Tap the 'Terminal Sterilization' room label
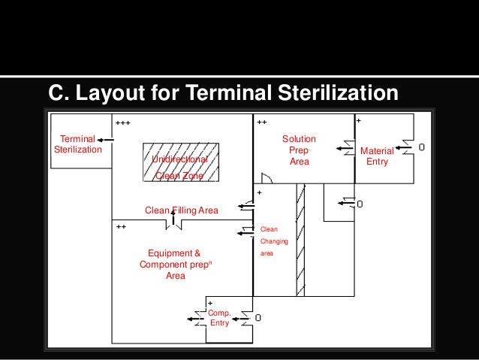[x=77, y=144]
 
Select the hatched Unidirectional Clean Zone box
[x=180, y=162]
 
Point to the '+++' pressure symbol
[x=122, y=122]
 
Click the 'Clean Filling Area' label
[x=181, y=210]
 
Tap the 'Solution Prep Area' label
[x=299, y=150]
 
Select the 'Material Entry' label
[x=376, y=156]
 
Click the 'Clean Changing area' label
[x=270, y=241]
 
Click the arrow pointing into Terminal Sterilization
[x=105, y=139]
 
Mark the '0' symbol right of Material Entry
[x=422, y=147]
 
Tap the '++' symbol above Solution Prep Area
[x=262, y=122]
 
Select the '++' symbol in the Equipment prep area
[x=121, y=225]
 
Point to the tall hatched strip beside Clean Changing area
[x=300, y=237]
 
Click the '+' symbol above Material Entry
[x=358, y=120]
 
